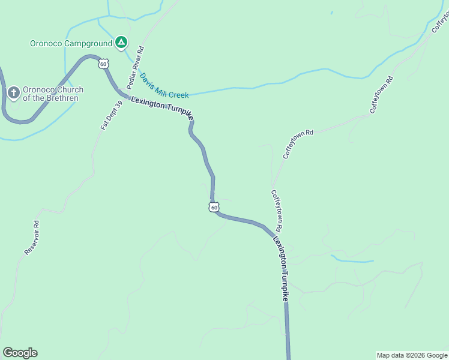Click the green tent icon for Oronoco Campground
pos(121,42)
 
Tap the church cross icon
pos(14,93)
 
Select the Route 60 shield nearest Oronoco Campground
pos(104,63)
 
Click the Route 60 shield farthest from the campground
pos(214,207)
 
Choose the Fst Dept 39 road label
pos(112,115)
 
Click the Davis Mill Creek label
pos(164,86)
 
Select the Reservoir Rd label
pos(32,238)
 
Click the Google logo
pos(20,353)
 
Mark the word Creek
pos(179,94)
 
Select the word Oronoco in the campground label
pos(46,43)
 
